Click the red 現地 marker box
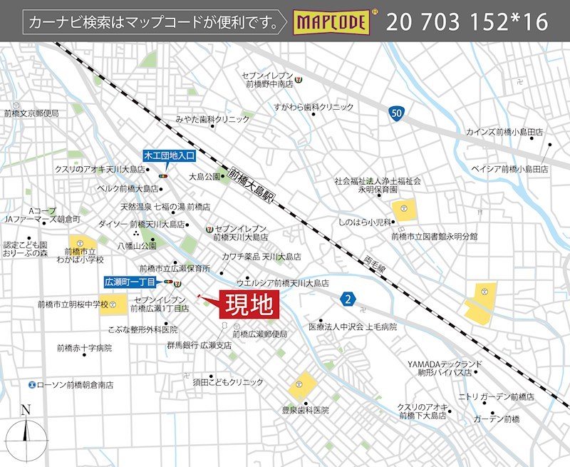click(x=249, y=305)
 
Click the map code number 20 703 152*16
click(x=467, y=22)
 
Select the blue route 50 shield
click(x=398, y=113)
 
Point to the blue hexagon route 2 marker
click(x=348, y=298)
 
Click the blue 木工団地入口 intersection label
click(x=170, y=155)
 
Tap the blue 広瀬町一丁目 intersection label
click(x=133, y=282)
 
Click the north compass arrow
click(x=26, y=431)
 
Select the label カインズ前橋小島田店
click(x=504, y=133)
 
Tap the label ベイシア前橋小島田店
click(x=509, y=169)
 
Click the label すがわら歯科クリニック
click(x=313, y=107)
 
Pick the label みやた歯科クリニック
click(x=213, y=119)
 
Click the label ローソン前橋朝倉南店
click(x=75, y=384)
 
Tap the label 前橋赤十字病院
click(x=84, y=348)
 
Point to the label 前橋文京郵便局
click(x=31, y=113)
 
